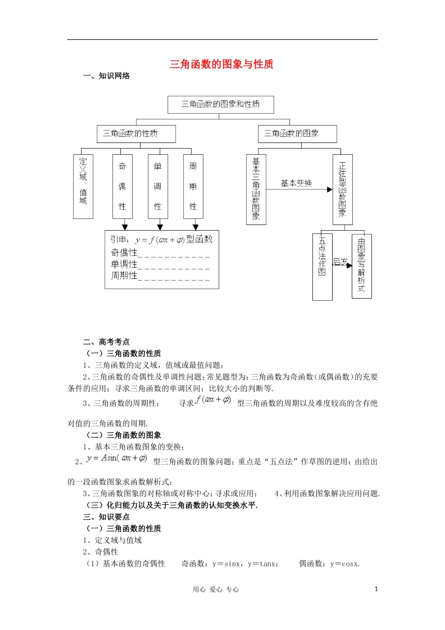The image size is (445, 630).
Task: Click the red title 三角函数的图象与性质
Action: (x=221, y=64)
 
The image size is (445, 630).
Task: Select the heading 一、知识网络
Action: (x=106, y=76)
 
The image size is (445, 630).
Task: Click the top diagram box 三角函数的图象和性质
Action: (x=221, y=105)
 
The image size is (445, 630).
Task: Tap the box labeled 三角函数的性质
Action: (x=136, y=134)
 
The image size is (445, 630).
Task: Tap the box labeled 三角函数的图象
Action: (x=297, y=134)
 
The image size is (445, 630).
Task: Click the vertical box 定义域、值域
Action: (x=83, y=186)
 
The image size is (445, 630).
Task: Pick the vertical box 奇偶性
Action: (x=122, y=186)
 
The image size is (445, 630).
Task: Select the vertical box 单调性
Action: (x=158, y=186)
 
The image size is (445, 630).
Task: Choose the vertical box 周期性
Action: (x=193, y=186)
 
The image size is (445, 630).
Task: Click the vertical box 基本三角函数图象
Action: (x=256, y=189)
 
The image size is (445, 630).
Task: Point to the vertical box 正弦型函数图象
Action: (x=342, y=189)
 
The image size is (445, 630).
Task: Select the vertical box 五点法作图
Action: (x=322, y=266)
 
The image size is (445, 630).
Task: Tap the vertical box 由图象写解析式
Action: (x=362, y=266)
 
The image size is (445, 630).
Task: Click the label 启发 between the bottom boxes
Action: (x=341, y=262)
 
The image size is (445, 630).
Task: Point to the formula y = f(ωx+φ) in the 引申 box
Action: (x=159, y=240)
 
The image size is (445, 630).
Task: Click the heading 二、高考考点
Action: (x=106, y=342)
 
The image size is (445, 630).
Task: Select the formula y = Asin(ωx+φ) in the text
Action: (x=117, y=458)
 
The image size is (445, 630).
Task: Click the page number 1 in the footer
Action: (x=376, y=589)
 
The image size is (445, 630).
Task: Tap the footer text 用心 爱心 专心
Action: (x=216, y=590)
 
